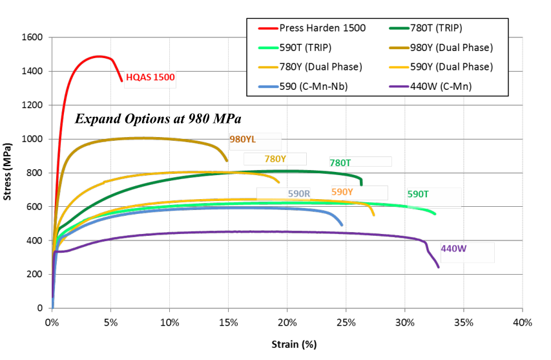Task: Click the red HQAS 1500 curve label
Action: pos(150,77)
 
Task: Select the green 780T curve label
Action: pos(340,163)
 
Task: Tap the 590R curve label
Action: pos(299,193)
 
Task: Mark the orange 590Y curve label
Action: pos(342,192)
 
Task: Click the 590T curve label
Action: pos(418,194)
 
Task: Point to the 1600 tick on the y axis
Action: pos(32,37)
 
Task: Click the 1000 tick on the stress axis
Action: pos(32,139)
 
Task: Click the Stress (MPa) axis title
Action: pos(8,173)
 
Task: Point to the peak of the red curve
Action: pos(98,56)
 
